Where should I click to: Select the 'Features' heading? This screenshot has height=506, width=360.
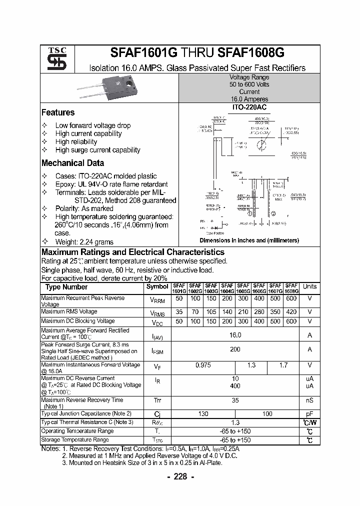tap(58, 112)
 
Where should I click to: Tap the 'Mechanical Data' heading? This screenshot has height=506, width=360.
tap(73, 163)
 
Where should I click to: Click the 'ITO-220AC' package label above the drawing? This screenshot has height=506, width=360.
tap(249, 107)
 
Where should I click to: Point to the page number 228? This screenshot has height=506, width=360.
tap(180, 476)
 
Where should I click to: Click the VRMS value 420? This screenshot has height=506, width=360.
tap(291, 311)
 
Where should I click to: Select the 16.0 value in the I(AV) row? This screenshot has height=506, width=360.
tap(235, 335)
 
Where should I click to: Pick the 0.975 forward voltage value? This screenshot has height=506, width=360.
tap(203, 365)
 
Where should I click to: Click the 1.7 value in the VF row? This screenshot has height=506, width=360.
tap(283, 365)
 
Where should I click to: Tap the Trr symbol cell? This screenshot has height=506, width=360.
tap(157, 400)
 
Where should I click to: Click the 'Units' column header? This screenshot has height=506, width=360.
tap(309, 286)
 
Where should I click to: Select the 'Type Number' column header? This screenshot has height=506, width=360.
tap(66, 287)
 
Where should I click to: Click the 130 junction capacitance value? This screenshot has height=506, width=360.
tap(203, 414)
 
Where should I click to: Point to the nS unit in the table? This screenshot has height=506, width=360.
tap(309, 400)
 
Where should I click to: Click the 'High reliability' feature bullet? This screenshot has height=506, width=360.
tap(76, 141)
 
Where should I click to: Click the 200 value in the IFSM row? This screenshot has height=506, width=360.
tap(235, 349)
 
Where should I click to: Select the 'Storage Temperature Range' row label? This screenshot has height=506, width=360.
tap(75, 440)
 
